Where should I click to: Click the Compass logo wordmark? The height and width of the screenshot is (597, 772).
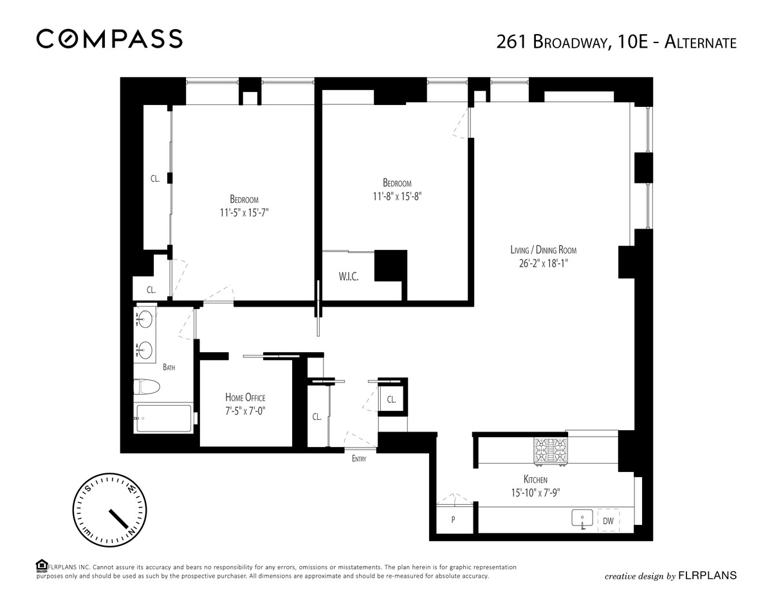[109, 39]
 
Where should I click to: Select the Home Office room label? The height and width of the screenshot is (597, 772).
[245, 397]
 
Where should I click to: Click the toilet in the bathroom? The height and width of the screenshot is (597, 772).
[147, 387]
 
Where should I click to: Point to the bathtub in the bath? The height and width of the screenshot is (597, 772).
[163, 419]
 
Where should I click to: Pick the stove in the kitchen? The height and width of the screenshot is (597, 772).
[551, 451]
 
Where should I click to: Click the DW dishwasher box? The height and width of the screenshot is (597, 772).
[608, 521]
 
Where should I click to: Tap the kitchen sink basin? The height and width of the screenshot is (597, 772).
[582, 518]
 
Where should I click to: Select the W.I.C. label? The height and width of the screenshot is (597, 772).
[349, 277]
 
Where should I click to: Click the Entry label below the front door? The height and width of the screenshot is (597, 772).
[359, 459]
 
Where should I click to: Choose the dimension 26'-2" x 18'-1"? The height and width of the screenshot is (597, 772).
[543, 263]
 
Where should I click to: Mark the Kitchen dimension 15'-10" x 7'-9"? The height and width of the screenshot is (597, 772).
[536, 493]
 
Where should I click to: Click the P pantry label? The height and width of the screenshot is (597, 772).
[453, 520]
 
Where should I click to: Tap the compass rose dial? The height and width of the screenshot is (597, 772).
[110, 510]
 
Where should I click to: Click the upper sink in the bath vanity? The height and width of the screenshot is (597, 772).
[145, 319]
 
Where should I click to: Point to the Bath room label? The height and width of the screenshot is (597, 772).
[169, 367]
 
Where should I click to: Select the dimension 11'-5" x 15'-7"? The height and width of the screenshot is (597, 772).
[244, 213]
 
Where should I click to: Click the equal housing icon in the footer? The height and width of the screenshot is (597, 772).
[42, 565]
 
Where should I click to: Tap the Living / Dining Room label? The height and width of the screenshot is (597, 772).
[543, 250]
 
